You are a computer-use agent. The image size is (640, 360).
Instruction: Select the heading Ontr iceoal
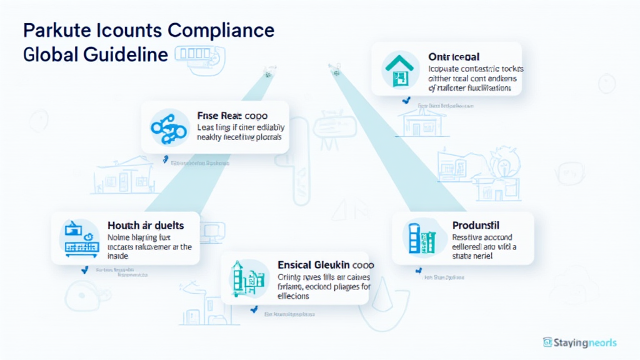click(x=454, y=57)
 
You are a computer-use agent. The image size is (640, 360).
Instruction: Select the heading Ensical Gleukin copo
click(x=321, y=265)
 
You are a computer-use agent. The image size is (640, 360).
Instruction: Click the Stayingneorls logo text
click(x=585, y=342)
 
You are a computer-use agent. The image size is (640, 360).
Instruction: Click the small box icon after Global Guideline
click(x=187, y=54)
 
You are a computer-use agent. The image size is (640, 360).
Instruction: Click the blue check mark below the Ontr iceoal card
click(x=407, y=100)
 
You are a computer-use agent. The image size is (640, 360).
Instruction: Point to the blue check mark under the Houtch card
click(x=84, y=270)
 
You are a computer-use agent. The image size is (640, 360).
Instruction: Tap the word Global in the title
click(x=49, y=54)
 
